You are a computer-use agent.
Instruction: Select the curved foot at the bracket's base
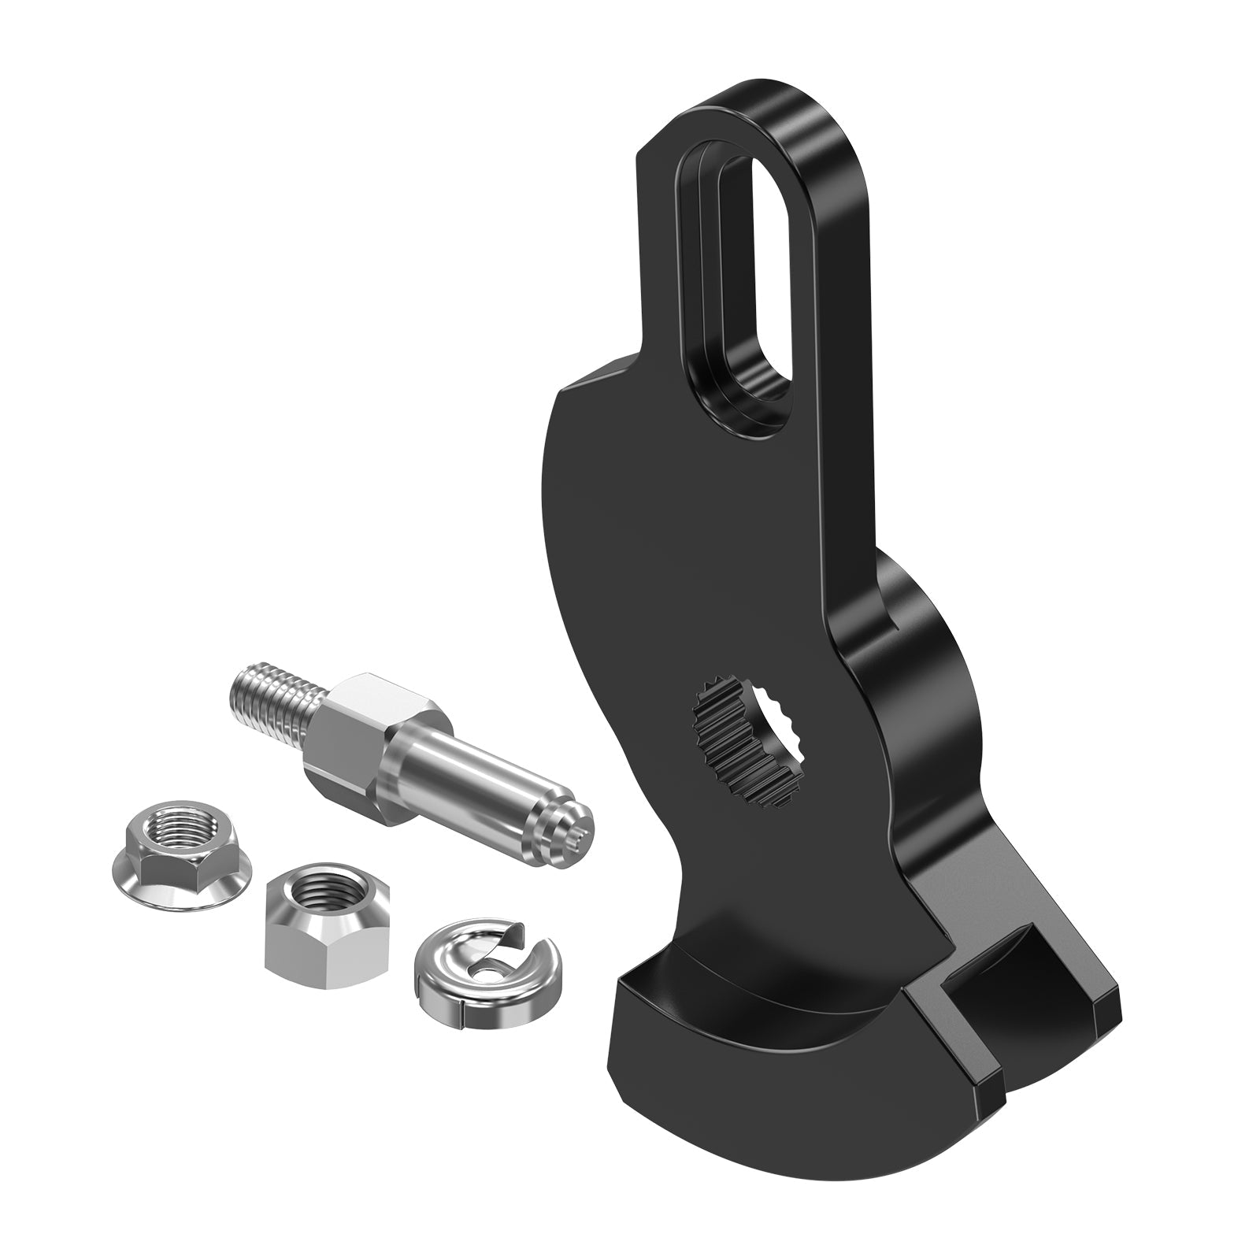click(732, 1047)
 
